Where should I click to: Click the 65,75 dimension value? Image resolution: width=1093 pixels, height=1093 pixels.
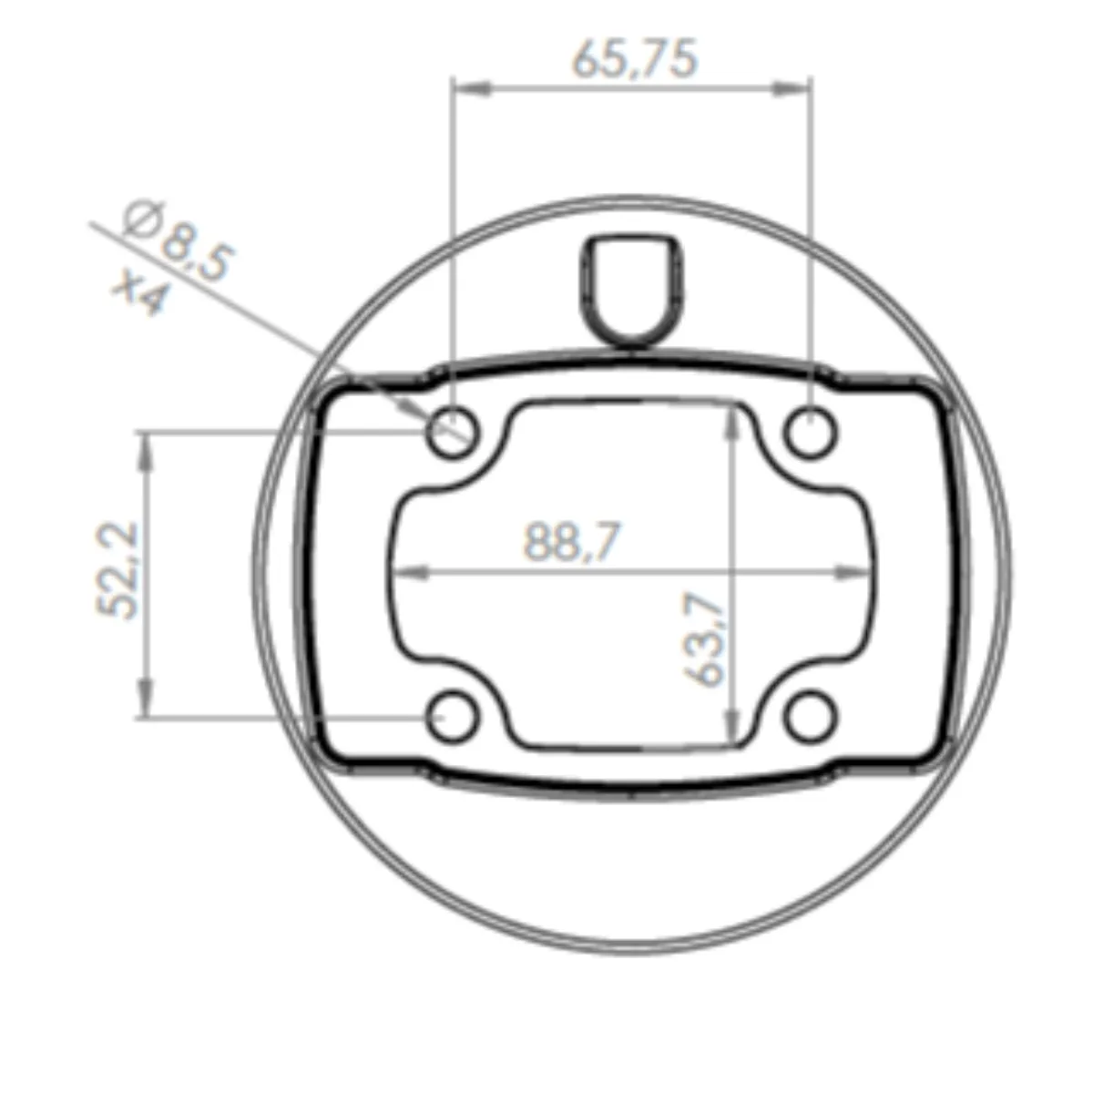pyautogui.click(x=634, y=59)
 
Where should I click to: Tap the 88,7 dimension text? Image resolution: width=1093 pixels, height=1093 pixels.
pyautogui.click(x=572, y=541)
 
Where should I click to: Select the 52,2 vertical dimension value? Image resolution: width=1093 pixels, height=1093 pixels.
pyautogui.click(x=117, y=570)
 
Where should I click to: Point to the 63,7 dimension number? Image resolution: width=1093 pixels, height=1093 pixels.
pyautogui.click(x=704, y=639)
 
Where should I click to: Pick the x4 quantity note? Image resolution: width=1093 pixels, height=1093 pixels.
pyautogui.click(x=140, y=291)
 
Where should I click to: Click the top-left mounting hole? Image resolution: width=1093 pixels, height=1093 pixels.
pyautogui.click(x=454, y=434)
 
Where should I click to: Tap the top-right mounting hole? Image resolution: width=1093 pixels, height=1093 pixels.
pyautogui.click(x=811, y=434)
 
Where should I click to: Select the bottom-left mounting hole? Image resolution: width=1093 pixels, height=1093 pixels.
pyautogui.click(x=454, y=718)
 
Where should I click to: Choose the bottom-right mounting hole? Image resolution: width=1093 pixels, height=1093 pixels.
pyautogui.click(x=811, y=718)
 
